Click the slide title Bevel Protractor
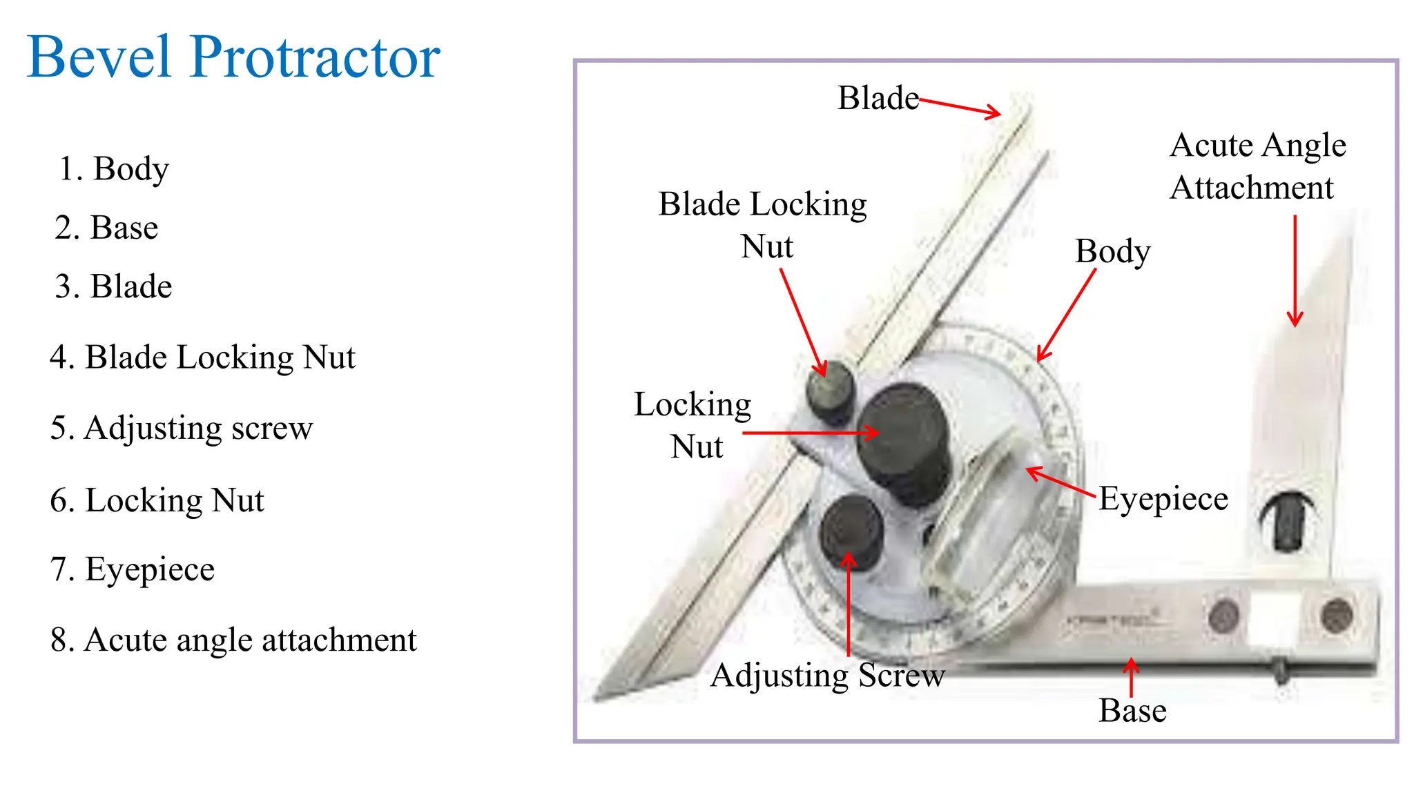(x=233, y=57)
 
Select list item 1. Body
(x=114, y=169)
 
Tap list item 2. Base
(x=107, y=228)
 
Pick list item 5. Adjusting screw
(x=182, y=429)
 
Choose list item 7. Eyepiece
(x=133, y=570)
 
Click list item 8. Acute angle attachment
(x=233, y=640)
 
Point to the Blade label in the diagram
(x=878, y=98)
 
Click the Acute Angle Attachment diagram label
(x=1257, y=166)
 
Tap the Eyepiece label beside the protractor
(x=1163, y=499)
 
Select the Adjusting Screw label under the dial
(x=827, y=676)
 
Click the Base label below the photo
(x=1132, y=711)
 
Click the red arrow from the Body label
(x=1066, y=315)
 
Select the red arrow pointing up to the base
(x=1131, y=677)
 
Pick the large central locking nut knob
(x=904, y=442)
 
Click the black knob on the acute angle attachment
(x=1287, y=522)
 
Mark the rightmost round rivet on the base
(x=1337, y=616)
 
